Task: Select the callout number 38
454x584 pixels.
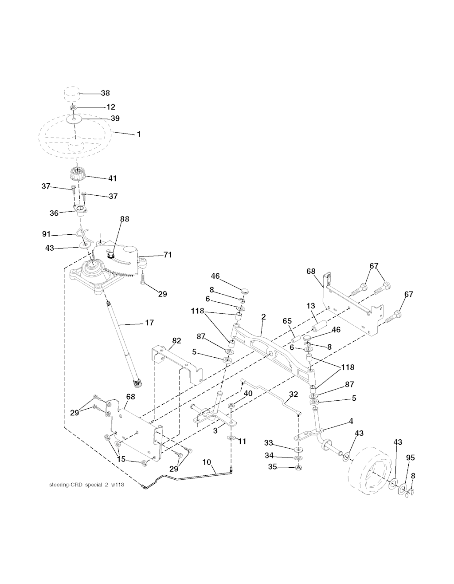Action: pos(105,93)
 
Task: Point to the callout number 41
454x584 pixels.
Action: pos(112,178)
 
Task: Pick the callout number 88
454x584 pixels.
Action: pos(125,219)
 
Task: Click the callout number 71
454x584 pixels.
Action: pos(168,255)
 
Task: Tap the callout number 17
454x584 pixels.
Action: pos(149,323)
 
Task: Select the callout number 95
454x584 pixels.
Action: pos(411,458)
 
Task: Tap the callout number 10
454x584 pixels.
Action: pos(207,462)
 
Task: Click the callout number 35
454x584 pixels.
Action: pos(273,467)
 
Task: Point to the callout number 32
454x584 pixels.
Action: pos(294,394)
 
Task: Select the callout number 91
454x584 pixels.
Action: pos(47,234)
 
